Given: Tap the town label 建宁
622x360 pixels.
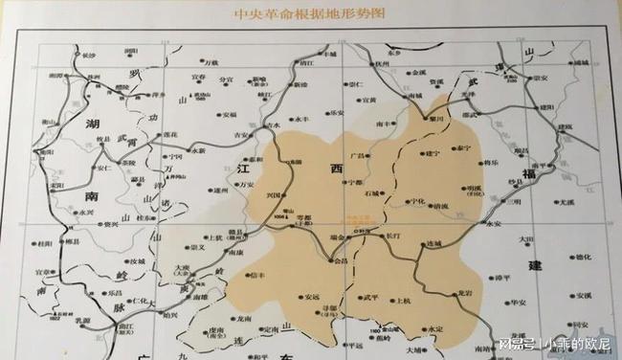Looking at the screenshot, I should point(432,153).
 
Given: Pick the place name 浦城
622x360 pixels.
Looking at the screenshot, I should point(583,62).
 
